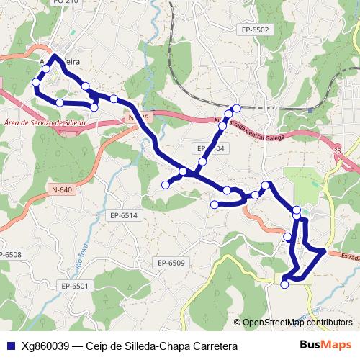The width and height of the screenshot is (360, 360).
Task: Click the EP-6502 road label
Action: [256, 30]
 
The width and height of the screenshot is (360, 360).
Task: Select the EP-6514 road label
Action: [124, 215]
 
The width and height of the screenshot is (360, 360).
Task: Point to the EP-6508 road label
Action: [9, 254]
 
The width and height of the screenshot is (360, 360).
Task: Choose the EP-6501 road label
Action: [74, 286]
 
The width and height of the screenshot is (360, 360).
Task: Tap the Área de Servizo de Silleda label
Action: [45, 123]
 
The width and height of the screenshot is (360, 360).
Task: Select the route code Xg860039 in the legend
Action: [46, 346]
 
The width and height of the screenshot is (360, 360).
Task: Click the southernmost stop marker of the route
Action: [284, 284]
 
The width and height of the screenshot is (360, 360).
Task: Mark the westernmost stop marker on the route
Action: [36, 83]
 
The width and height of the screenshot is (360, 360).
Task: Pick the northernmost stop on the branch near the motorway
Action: [235, 108]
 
